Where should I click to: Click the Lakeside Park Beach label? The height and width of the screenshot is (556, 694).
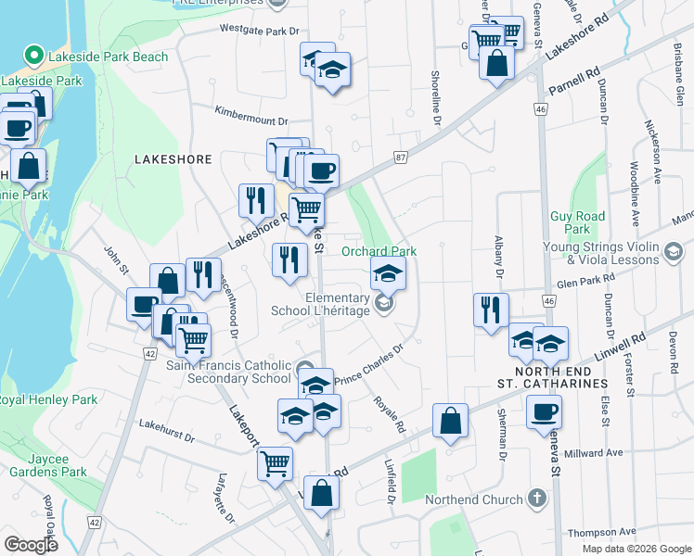pos(109,57)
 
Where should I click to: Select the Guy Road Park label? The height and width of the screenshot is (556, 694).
pos(577,222)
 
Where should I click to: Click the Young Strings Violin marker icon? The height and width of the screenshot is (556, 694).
pos(674,250)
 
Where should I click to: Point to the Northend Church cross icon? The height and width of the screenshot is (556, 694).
pos(536,499)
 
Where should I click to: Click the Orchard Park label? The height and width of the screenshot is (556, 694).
pos(379,251)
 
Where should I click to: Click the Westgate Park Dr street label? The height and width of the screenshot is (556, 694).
pos(263,30)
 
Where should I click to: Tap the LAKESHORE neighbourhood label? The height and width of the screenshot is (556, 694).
pos(173,159)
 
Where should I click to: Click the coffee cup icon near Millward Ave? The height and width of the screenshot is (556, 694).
pos(544,412)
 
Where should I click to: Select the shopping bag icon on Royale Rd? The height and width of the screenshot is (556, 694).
pos(450,422)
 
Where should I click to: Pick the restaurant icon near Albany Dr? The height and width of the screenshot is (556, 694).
pos(491,310)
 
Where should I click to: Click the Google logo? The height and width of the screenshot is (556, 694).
pos(31,545)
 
